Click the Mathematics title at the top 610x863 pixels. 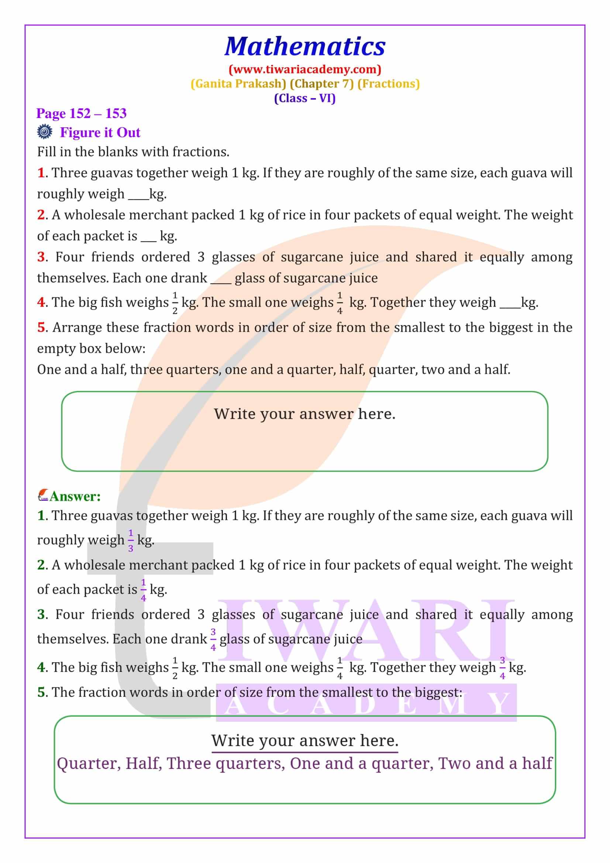[x=305, y=46]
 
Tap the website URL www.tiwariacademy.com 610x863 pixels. [x=305, y=69]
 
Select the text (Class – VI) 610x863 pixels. [x=305, y=99]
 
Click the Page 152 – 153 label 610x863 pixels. [x=81, y=114]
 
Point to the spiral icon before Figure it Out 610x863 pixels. [x=44, y=132]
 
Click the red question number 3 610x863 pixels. [x=41, y=257]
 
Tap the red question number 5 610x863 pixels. [x=41, y=327]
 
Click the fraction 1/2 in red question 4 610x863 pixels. [x=175, y=303]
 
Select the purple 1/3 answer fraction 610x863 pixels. [x=130, y=541]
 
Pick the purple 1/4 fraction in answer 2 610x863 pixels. [x=143, y=590]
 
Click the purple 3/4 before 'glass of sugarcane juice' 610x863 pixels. [x=213, y=639]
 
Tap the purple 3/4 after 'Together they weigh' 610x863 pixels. [x=502, y=668]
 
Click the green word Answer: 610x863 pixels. [x=75, y=497]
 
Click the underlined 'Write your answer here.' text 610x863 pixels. [x=304, y=741]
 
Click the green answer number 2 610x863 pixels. [x=41, y=565]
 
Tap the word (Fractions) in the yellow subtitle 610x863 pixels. [x=388, y=83]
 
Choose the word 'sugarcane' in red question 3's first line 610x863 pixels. [x=311, y=257]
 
